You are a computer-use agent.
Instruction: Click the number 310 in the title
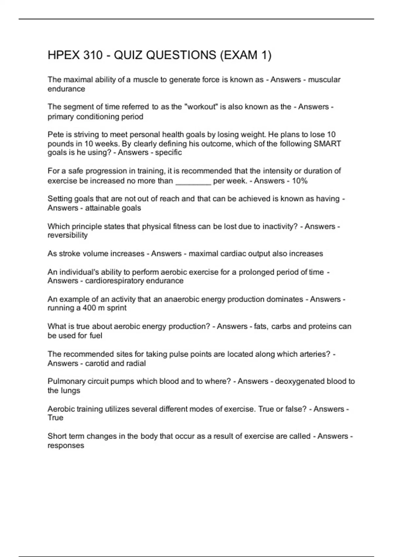[93, 55]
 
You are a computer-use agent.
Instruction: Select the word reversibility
[67, 235]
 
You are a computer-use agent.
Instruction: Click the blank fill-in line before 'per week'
[193, 182]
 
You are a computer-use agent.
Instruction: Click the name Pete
[54, 134]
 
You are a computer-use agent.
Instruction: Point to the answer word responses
[66, 446]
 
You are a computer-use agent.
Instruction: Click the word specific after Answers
[168, 153]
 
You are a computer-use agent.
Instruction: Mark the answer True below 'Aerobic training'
[55, 418]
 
